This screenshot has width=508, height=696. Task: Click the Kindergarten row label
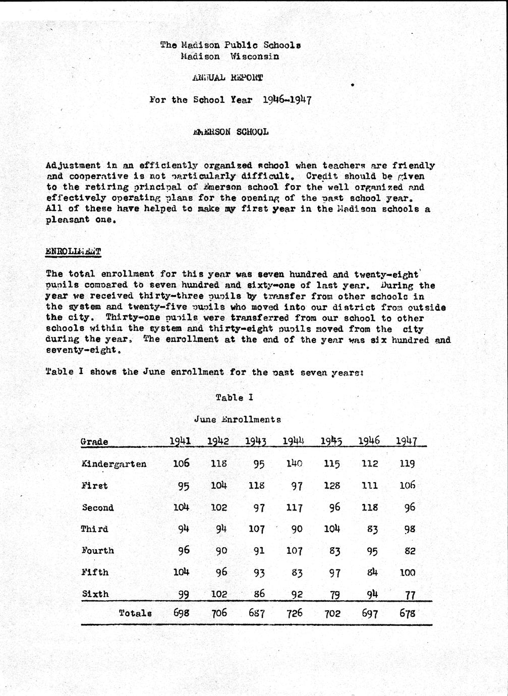pyautogui.click(x=114, y=464)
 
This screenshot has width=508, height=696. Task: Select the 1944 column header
pyautogui.click(x=293, y=440)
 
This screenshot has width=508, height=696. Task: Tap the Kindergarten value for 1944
pyautogui.click(x=294, y=463)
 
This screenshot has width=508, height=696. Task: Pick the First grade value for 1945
pyautogui.click(x=331, y=486)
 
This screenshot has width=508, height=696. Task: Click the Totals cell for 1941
pyautogui.click(x=181, y=613)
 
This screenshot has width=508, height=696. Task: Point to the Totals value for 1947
pyautogui.click(x=407, y=613)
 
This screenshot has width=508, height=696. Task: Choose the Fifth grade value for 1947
pyautogui.click(x=407, y=572)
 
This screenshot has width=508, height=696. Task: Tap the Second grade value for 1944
pyautogui.click(x=294, y=507)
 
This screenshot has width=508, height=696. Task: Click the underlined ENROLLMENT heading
pyautogui.click(x=73, y=251)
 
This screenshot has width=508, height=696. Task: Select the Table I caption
pyautogui.click(x=234, y=397)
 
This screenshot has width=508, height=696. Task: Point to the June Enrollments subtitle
pyautogui.click(x=237, y=419)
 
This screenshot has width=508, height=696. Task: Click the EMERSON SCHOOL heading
pyautogui.click(x=231, y=132)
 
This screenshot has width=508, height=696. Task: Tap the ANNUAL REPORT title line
pyautogui.click(x=228, y=78)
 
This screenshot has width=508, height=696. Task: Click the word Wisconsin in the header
pyautogui.click(x=254, y=56)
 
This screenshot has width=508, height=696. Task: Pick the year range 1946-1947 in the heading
pyautogui.click(x=287, y=99)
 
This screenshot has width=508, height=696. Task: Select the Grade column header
pyautogui.click(x=94, y=442)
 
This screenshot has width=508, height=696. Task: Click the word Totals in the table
pyautogui.click(x=135, y=613)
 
